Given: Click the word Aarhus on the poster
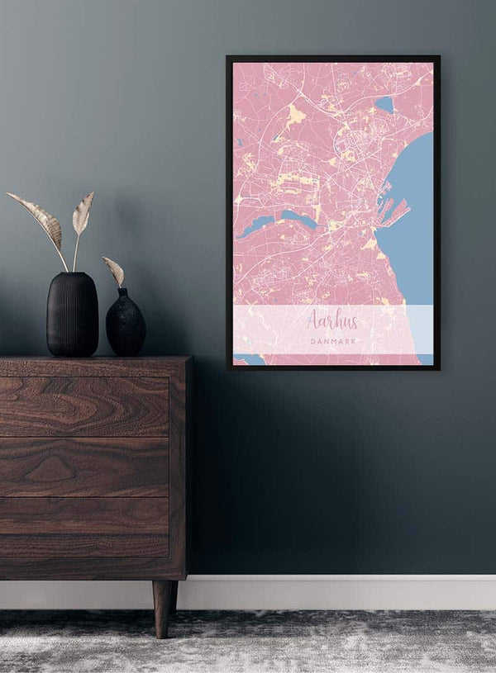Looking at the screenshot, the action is (x=332, y=320).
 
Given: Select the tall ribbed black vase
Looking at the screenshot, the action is (x=72, y=315).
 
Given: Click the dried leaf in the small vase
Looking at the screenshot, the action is (x=113, y=270).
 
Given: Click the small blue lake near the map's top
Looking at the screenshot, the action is (x=384, y=104).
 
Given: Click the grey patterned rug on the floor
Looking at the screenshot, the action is (x=248, y=644).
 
